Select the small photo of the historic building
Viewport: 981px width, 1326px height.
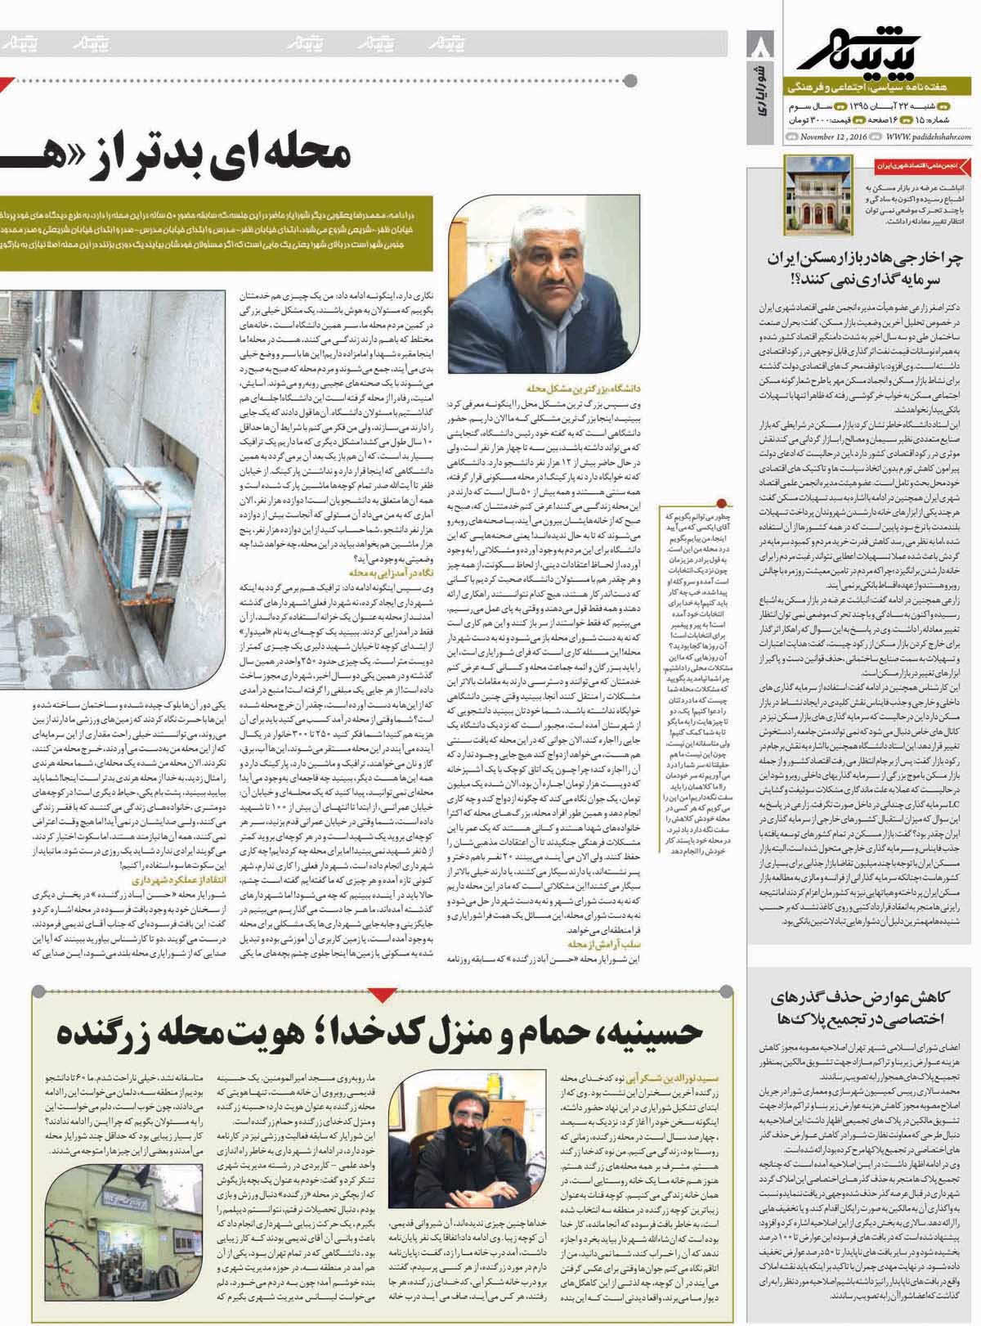point(807,191)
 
